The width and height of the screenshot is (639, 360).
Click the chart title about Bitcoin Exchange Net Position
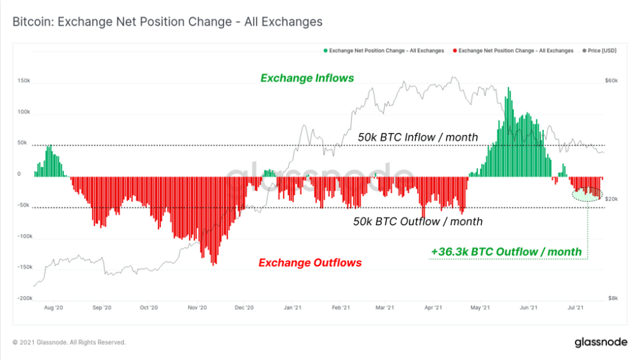(x=168, y=22)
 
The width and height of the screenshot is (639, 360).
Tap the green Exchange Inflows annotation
(x=307, y=78)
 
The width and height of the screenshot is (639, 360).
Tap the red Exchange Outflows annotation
(x=310, y=263)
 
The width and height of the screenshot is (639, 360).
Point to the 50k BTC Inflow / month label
(x=417, y=138)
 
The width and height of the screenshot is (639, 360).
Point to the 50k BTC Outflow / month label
(x=417, y=222)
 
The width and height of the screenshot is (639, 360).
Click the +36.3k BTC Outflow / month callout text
(x=506, y=252)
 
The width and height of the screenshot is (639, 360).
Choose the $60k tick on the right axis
(x=611, y=81)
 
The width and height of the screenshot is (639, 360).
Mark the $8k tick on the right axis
(x=612, y=298)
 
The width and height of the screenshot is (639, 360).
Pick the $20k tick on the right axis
(x=611, y=199)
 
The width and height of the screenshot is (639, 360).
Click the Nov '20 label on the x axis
(x=197, y=308)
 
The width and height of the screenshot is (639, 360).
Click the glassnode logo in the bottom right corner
(x=600, y=342)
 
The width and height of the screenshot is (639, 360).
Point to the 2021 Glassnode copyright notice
(x=69, y=342)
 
